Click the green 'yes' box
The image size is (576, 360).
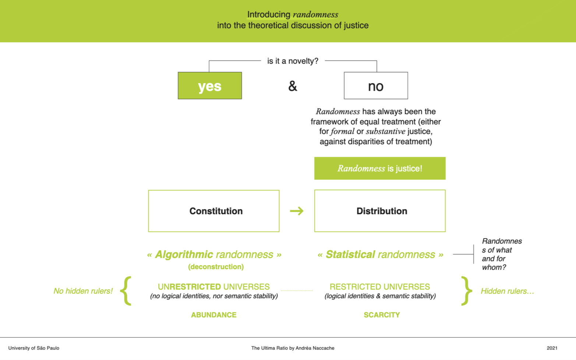(x=210, y=85)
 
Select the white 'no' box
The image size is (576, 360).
(x=376, y=85)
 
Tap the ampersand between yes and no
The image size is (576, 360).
(x=293, y=86)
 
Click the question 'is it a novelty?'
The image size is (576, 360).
(x=293, y=61)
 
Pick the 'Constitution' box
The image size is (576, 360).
(x=214, y=211)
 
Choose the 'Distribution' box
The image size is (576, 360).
(x=380, y=211)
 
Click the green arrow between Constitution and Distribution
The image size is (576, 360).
(x=297, y=211)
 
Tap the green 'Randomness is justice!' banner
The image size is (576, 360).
(x=380, y=168)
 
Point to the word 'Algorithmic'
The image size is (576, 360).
(x=184, y=254)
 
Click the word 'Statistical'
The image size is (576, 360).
(x=350, y=254)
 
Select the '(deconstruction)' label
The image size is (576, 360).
(x=216, y=267)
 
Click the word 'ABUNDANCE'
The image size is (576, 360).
(x=213, y=315)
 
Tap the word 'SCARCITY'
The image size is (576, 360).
(x=382, y=315)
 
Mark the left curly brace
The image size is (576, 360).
(x=126, y=291)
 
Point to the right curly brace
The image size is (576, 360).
(x=466, y=291)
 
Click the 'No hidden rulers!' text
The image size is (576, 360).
(x=83, y=291)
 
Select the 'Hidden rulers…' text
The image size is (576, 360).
(x=507, y=291)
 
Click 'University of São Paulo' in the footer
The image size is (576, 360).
(x=34, y=348)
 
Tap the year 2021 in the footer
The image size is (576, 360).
(x=552, y=348)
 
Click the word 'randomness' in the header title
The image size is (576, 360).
(x=315, y=15)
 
